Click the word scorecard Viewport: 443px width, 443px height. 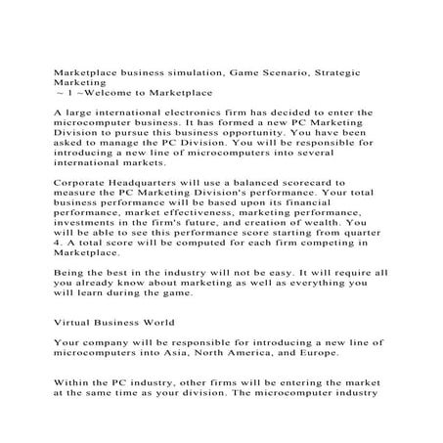coord(342,182)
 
